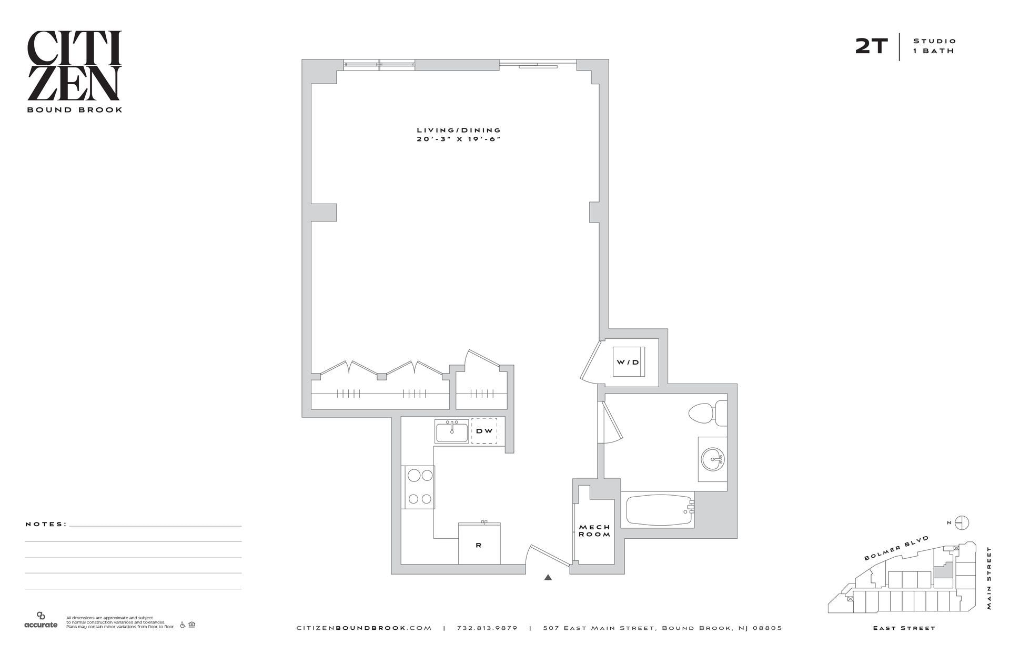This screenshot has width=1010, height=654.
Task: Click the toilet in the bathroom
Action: click(706, 413)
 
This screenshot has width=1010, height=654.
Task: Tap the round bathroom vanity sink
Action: click(713, 459)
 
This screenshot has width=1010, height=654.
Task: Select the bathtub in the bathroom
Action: click(658, 510)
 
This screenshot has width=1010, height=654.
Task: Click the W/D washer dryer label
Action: click(628, 362)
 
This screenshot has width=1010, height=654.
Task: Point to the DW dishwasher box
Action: click(484, 431)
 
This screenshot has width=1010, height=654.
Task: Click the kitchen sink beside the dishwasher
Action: click(451, 431)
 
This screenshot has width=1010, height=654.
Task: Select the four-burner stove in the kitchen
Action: click(419, 487)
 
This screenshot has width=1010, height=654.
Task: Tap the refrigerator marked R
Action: click(479, 544)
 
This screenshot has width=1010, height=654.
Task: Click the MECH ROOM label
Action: click(594, 530)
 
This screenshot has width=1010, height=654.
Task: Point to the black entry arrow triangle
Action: click(548, 577)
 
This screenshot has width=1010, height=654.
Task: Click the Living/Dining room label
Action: click(459, 130)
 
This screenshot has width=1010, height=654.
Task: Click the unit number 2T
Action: click(871, 47)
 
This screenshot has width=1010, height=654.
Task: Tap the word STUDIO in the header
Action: click(934, 41)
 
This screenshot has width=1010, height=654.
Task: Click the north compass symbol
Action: click(962, 522)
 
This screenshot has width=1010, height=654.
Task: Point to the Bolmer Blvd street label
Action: click(896, 548)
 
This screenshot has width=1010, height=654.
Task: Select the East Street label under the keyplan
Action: click(904, 628)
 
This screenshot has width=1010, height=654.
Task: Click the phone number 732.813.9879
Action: click(487, 628)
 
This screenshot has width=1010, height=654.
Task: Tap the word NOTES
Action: click(46, 524)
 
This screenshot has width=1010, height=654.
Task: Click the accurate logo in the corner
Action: click(41, 620)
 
